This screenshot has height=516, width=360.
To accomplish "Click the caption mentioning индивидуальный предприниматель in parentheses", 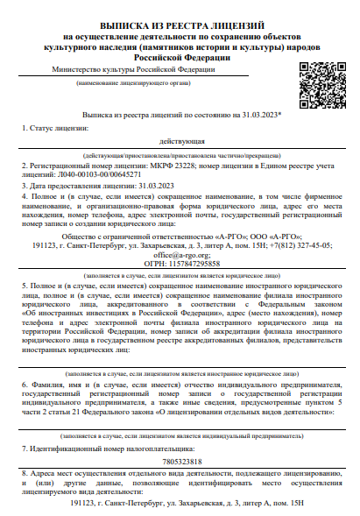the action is click(179, 435).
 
